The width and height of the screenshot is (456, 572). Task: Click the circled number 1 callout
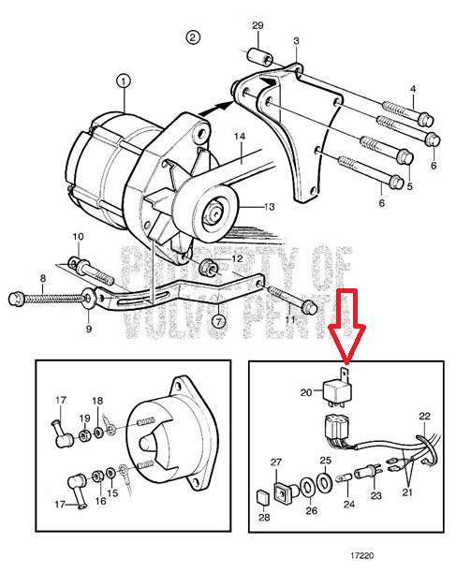[124, 81]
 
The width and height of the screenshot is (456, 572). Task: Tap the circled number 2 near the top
[193, 37]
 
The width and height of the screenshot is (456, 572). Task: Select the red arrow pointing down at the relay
[346, 327]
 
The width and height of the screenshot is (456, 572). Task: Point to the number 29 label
[257, 25]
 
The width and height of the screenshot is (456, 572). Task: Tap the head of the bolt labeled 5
[405, 156]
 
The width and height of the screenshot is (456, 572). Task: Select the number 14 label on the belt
[240, 137]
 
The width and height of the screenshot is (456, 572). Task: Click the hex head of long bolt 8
[16, 299]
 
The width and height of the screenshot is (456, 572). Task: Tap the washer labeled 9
[88, 298]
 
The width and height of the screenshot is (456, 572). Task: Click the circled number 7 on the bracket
[218, 322]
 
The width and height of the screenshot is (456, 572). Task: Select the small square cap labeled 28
[263, 497]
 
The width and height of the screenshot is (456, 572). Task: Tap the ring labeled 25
[324, 483]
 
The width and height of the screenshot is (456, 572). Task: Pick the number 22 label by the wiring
[424, 417]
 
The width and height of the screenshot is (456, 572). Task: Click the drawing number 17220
[362, 555]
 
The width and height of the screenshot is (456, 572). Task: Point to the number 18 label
[97, 401]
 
